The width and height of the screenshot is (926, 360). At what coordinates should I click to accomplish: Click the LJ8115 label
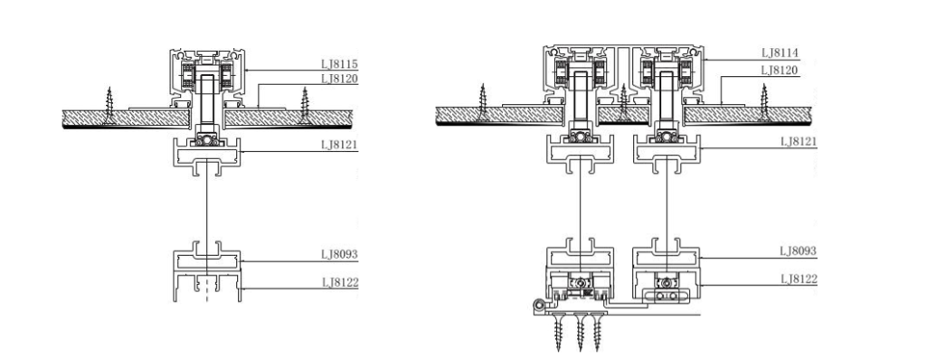[x=340, y=64]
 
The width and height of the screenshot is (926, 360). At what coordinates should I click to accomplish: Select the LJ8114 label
[x=780, y=53]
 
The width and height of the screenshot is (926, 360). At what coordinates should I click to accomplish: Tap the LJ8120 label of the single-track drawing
[x=340, y=79]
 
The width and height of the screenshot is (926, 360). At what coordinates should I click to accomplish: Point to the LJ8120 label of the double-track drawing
[x=780, y=71]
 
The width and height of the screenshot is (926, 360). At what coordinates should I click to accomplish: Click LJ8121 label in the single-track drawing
[x=340, y=145]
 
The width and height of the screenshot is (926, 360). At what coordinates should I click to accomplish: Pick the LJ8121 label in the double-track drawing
[x=798, y=142]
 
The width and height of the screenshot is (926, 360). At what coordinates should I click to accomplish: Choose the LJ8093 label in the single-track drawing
[x=340, y=255]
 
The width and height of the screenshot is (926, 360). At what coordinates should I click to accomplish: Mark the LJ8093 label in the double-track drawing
[x=798, y=251]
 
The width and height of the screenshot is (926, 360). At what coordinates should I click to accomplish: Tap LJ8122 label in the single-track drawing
[x=340, y=282]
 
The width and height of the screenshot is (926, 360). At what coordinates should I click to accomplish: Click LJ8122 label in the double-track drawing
[x=799, y=279]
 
